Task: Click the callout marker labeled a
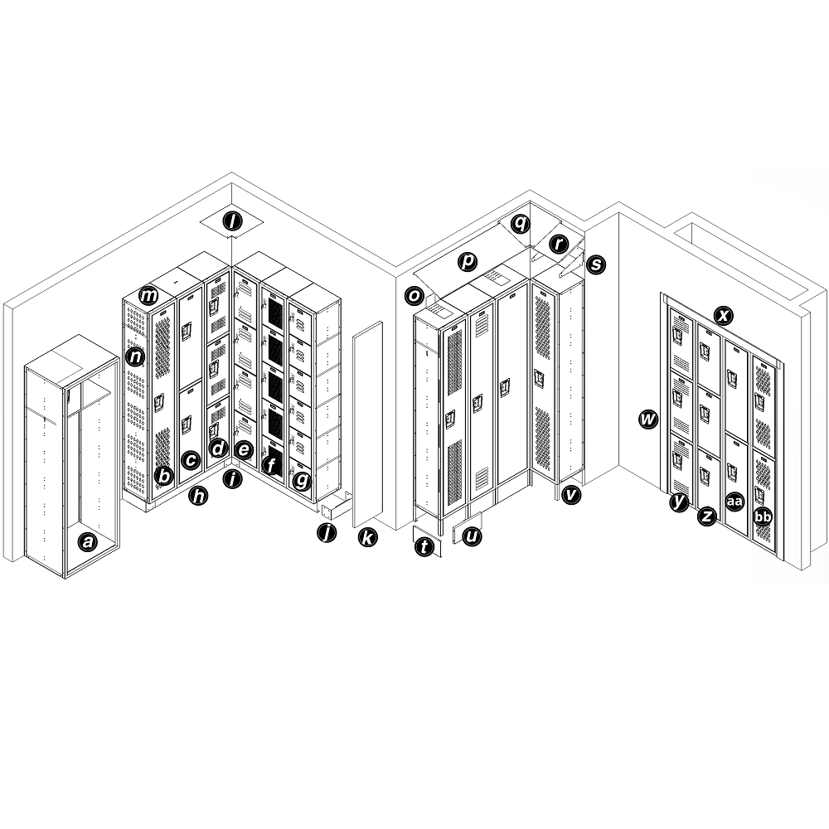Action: (x=86, y=542)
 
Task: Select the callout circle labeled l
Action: (x=233, y=221)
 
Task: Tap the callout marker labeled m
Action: (x=149, y=295)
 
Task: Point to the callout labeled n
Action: (x=135, y=357)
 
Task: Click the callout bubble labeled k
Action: (x=367, y=537)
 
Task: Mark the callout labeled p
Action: (x=468, y=262)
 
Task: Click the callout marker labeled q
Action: (x=520, y=222)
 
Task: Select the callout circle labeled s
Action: (x=595, y=265)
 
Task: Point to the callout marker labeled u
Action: (x=472, y=537)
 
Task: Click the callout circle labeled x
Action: (x=724, y=315)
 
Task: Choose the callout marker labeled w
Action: (x=648, y=419)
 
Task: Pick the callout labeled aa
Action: (x=734, y=501)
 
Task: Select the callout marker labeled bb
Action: (x=763, y=517)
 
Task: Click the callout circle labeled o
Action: (x=414, y=295)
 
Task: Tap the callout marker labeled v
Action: (x=570, y=495)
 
